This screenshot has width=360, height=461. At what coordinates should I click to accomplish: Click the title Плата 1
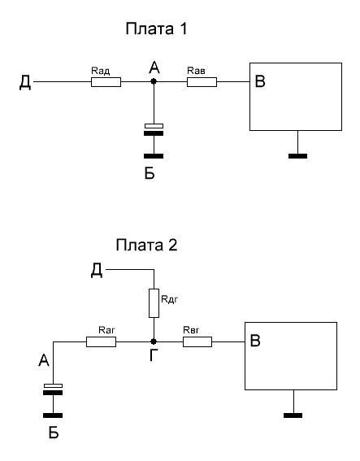point(156,28)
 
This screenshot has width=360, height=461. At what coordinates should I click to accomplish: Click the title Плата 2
point(146,245)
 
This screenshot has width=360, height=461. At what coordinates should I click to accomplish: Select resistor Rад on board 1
point(106,82)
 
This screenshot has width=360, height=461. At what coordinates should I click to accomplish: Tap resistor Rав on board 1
point(202,82)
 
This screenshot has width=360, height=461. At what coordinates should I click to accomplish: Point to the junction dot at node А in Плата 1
point(154,81)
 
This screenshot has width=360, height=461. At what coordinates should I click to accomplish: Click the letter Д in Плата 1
point(25,82)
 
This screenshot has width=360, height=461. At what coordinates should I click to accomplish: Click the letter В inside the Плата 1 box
point(260,81)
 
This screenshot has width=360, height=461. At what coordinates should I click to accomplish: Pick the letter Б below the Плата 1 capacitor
point(150,173)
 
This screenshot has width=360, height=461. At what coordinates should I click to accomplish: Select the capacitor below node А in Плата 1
point(154,129)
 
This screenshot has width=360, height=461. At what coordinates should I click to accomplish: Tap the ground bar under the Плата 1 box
point(297,156)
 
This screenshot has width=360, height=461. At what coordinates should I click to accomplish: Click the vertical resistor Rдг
point(154,303)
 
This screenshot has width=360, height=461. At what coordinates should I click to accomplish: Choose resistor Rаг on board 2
point(101,341)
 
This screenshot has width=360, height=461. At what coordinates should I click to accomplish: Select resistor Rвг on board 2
point(197,341)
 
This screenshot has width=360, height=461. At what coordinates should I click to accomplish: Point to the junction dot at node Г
point(154,341)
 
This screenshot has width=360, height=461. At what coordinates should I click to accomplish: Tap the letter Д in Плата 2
point(97,270)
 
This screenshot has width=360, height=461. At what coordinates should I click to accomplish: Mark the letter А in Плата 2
point(44,360)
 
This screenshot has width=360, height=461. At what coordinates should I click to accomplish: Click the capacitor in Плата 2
point(53,389)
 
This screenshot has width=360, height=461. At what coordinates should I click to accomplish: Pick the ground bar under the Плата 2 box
point(293,415)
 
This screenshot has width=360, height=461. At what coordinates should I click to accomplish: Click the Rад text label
point(101,71)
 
